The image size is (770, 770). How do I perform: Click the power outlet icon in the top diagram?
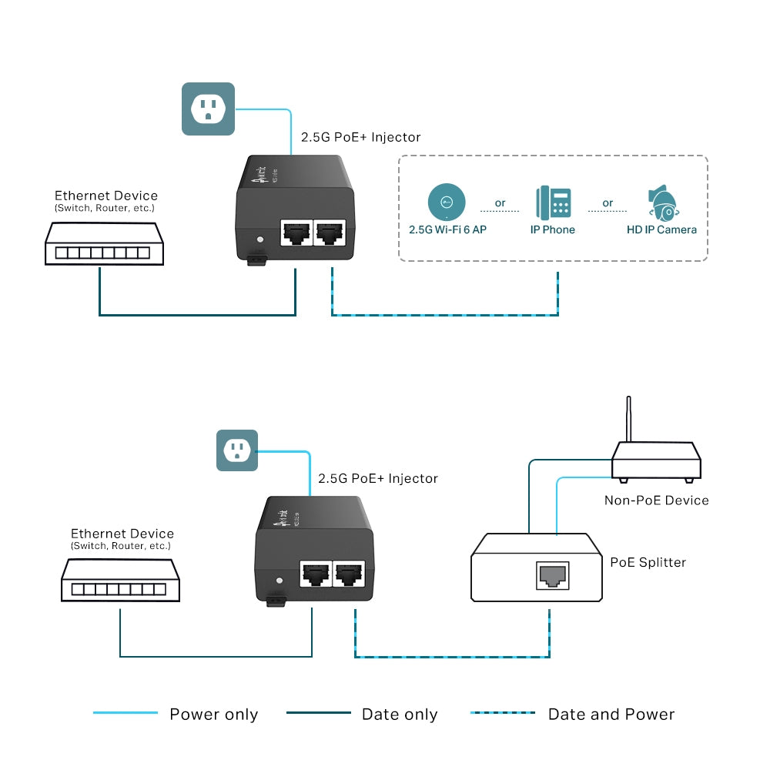tap(208, 109)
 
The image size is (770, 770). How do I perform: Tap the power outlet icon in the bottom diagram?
tap(236, 450)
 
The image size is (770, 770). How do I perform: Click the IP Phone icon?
tap(553, 203)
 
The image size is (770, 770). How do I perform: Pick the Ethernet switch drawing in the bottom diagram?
tap(120, 580)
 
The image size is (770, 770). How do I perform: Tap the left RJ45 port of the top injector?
tap(294, 232)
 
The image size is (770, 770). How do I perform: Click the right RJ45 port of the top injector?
tap(330, 232)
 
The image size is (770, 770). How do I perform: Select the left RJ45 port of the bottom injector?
tap(313, 573)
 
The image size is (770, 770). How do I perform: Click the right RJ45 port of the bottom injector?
tap(349, 573)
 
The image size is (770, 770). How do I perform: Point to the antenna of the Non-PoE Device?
tap(629, 420)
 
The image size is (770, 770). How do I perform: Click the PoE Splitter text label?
tap(648, 562)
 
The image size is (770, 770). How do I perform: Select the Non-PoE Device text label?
tap(656, 500)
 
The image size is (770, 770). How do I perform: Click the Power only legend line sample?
tap(126, 713)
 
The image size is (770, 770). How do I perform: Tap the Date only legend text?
tap(400, 715)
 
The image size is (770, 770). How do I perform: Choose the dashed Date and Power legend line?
tap(503, 713)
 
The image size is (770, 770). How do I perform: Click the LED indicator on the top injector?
tap(260, 240)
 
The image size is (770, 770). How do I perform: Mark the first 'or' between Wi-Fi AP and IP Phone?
tap(500, 203)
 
